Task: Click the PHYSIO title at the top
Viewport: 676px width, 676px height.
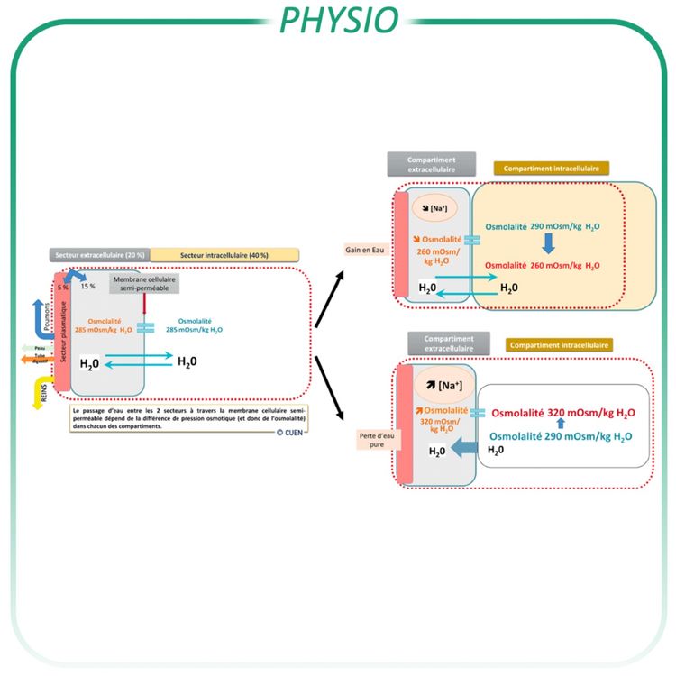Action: click(x=337, y=20)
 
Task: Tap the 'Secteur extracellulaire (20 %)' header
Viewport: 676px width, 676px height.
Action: click(x=100, y=255)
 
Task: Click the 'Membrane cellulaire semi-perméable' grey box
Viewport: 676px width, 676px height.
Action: click(x=143, y=284)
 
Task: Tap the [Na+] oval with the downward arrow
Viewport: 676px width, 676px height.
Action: click(x=436, y=208)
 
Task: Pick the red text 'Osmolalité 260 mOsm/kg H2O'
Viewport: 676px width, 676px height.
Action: click(x=541, y=266)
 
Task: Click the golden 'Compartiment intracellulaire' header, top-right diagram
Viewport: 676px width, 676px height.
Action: click(x=552, y=168)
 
